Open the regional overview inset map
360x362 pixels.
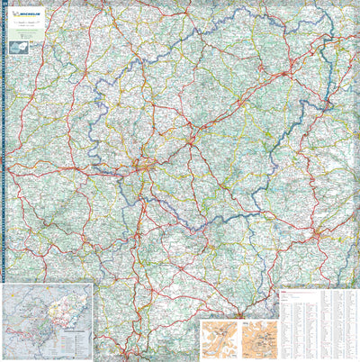pos(48,320)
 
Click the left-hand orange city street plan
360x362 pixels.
pos(218,339)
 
